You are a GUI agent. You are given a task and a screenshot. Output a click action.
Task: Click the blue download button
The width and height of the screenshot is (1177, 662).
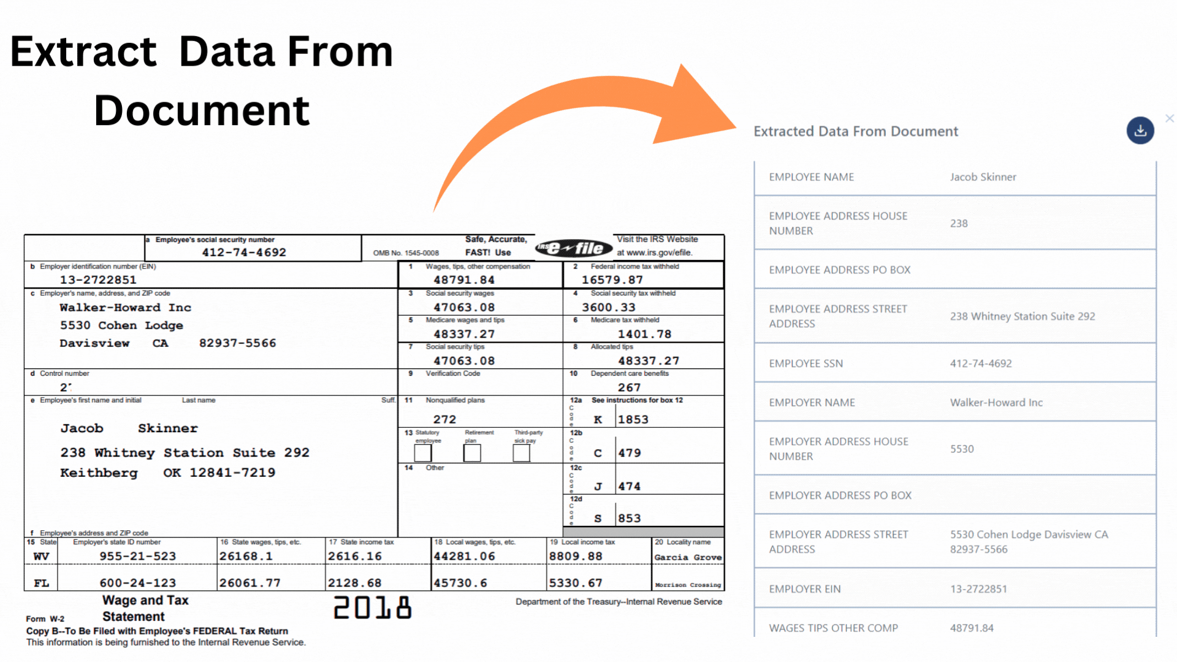[x=1140, y=131]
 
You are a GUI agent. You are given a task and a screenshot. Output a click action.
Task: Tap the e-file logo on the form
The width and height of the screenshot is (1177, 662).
[x=574, y=248]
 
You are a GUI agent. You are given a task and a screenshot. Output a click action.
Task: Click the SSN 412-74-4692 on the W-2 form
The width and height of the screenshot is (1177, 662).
[x=244, y=253]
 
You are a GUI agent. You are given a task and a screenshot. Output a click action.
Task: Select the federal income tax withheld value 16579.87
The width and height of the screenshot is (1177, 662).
[x=612, y=280]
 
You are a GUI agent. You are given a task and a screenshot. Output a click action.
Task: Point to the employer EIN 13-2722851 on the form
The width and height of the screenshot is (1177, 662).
[x=98, y=280]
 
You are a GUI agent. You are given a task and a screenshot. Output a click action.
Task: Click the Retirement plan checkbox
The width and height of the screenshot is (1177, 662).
[x=472, y=453]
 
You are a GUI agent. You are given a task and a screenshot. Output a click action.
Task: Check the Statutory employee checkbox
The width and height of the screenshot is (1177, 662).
[x=423, y=453]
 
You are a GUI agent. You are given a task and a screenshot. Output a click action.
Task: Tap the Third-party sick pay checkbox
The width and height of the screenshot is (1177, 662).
[x=521, y=453]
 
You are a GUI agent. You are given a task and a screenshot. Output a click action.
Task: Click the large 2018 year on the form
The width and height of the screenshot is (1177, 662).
[x=373, y=607]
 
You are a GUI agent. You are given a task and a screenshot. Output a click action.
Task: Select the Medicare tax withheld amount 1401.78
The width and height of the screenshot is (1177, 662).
[x=644, y=334]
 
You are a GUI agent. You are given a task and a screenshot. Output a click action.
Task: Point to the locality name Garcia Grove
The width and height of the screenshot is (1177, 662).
[x=688, y=557]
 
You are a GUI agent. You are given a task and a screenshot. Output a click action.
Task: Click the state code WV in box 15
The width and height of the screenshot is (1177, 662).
[x=41, y=557]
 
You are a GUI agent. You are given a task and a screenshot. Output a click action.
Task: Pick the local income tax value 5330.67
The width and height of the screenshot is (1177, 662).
[x=576, y=583]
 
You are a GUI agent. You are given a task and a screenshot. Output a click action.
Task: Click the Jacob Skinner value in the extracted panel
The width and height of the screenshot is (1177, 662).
[x=983, y=177]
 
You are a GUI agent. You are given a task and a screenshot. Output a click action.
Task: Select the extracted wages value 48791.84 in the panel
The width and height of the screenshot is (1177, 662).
[x=972, y=628]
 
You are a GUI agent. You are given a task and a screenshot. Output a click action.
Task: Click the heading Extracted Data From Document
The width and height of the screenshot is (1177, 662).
[x=855, y=131]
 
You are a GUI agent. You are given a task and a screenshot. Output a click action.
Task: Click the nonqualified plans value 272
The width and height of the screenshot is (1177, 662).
[x=444, y=419]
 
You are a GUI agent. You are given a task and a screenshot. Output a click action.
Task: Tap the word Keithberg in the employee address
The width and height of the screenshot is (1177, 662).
[x=99, y=473]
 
